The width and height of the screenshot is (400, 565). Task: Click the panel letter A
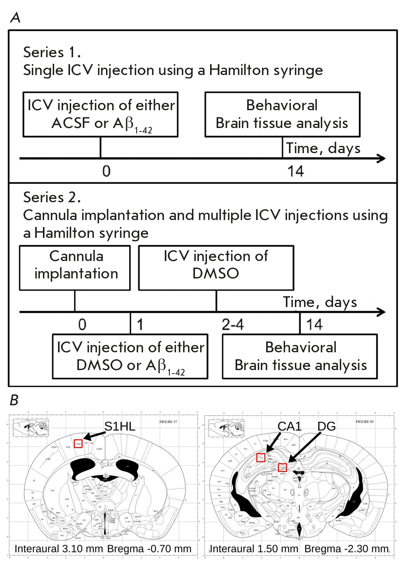(15, 17)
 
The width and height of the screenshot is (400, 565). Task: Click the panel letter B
(14, 400)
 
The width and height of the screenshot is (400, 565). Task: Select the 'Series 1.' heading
(52, 52)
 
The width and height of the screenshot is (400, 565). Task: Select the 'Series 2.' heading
(52, 197)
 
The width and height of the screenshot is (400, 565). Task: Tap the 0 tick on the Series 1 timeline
(106, 171)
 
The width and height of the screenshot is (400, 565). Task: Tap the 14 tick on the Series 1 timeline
(296, 171)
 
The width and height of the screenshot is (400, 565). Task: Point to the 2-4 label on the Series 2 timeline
(232, 324)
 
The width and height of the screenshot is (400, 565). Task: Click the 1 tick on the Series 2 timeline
(140, 324)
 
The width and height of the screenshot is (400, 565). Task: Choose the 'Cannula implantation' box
(75, 268)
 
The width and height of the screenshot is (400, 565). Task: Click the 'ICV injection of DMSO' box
(216, 268)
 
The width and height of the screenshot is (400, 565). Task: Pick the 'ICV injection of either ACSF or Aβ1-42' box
(101, 114)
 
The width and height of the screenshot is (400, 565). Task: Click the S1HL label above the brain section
(120, 426)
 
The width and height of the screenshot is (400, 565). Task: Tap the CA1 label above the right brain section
(289, 426)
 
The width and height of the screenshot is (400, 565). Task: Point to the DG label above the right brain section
(326, 426)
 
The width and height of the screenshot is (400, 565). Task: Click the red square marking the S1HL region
(78, 444)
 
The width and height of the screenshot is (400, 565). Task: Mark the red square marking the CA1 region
(261, 457)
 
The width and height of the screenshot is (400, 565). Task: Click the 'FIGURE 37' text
(168, 422)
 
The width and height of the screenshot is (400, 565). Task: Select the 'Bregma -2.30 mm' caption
(347, 549)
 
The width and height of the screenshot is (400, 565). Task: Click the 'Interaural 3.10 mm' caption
(59, 549)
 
